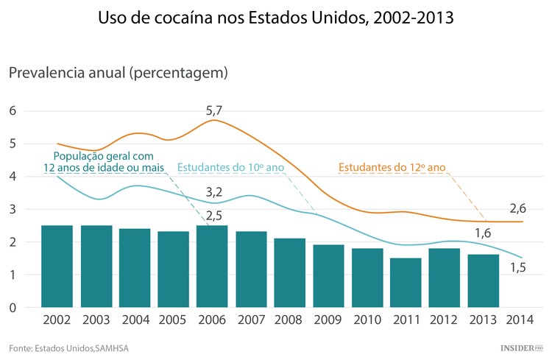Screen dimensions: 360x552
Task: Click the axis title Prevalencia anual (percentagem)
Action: pos(118,73)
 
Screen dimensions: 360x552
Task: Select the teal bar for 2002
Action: pos(57,267)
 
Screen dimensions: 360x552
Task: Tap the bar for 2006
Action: pos(212,267)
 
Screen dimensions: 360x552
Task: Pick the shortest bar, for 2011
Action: pos(406,283)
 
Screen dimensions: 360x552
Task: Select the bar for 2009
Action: pos(328,276)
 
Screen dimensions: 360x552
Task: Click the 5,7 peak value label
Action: pos(214,111)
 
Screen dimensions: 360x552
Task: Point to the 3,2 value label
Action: pos(214,192)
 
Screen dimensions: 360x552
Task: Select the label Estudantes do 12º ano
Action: pos(392,167)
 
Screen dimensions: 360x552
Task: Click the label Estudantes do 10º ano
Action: pos(231,167)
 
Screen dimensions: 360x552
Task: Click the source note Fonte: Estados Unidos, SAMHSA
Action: pos(64,347)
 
